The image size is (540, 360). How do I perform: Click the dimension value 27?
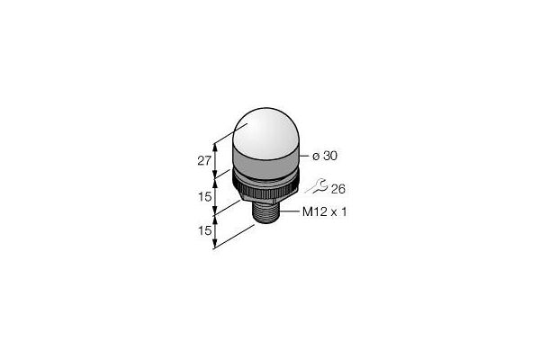point(204,160)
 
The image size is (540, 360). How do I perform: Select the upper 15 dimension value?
point(204,197)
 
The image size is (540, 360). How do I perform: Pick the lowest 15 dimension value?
point(204,230)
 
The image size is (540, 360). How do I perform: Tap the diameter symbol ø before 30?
point(316,157)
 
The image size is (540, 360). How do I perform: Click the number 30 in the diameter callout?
point(330,156)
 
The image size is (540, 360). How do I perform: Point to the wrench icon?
point(317,185)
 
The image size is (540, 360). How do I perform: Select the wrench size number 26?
point(337,189)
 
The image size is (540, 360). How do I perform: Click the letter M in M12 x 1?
point(307,211)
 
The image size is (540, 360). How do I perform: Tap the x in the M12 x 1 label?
point(333,213)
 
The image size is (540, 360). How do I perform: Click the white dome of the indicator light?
point(265,132)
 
